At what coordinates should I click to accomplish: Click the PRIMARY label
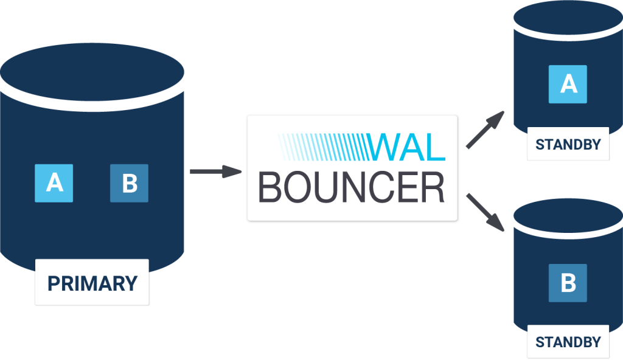pos(92,283)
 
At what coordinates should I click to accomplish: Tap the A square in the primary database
pos(54,183)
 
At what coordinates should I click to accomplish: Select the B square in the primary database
pos(129,183)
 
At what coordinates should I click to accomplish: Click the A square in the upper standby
pos(568,84)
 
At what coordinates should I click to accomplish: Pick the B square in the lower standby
pos(568,283)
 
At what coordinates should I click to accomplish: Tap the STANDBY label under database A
pos(568,144)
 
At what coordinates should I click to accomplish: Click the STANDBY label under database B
pos(568,342)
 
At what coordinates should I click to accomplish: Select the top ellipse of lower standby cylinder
pos(568,218)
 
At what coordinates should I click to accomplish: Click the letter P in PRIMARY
pos(53,283)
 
